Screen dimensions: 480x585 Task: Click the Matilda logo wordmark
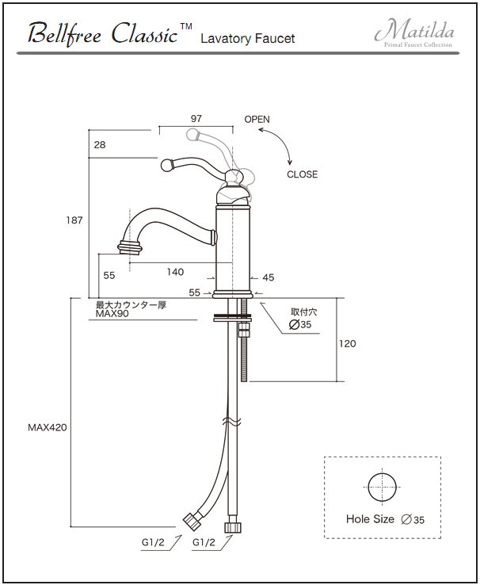pos(414,30)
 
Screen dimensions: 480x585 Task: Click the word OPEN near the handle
pos(257,120)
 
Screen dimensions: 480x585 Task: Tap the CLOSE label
pos(303,174)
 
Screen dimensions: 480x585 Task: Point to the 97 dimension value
pos(196,119)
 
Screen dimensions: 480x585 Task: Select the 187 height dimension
pos(74,220)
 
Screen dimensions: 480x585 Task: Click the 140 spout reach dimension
pos(175,272)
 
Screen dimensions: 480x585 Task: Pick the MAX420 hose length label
pos(48,427)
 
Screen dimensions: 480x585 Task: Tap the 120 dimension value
pos(348,343)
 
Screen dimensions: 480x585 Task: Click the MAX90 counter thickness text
pos(112,313)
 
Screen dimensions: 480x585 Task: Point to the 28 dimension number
pos(100,145)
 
